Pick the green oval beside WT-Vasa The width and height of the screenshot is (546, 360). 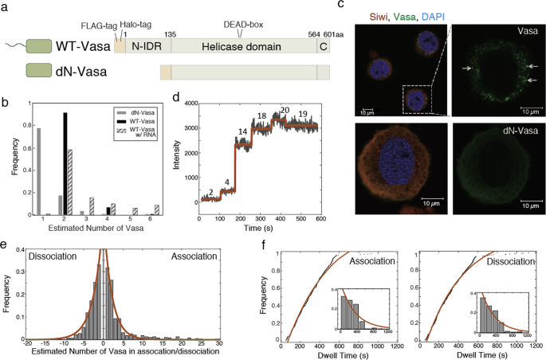click(39, 49)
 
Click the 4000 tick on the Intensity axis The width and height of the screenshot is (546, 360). click(187, 104)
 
